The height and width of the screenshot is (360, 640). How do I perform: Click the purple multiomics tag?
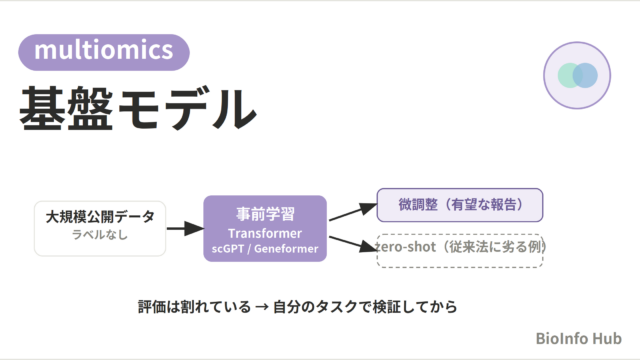(104, 52)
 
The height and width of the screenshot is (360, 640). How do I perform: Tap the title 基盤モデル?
(138, 109)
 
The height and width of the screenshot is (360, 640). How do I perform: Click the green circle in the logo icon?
(570, 75)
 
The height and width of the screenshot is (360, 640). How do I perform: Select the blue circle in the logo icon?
(585, 75)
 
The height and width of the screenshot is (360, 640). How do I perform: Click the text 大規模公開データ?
(100, 217)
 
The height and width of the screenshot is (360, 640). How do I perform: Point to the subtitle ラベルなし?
(100, 235)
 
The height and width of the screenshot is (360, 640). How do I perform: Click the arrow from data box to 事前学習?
(185, 228)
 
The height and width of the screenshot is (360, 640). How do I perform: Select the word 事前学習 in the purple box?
(265, 214)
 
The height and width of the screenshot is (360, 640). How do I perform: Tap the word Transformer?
(265, 233)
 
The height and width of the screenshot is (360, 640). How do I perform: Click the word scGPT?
(228, 249)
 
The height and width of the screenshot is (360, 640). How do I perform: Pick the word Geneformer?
(286, 249)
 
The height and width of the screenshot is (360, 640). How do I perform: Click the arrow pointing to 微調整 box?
(353, 212)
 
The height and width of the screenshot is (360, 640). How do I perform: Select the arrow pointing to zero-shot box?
(353, 244)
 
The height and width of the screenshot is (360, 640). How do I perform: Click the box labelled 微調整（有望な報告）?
(460, 205)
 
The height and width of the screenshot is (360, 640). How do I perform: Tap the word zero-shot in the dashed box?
(406, 247)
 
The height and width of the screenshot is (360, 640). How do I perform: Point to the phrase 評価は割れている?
(194, 307)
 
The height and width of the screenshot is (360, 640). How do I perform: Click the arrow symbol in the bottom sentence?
(262, 307)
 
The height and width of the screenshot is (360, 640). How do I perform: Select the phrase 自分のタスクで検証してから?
(365, 307)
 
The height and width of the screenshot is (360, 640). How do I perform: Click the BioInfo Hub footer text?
(578, 338)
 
